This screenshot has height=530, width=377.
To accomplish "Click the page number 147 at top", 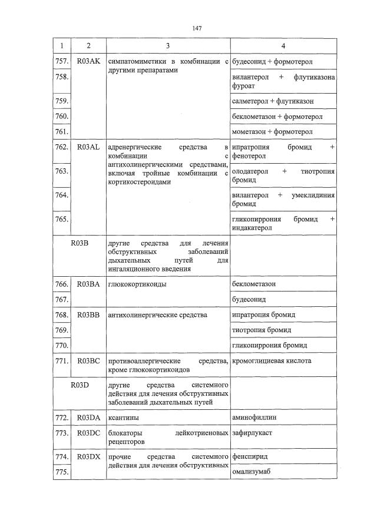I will (197, 29).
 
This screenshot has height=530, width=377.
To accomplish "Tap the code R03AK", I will (88, 61).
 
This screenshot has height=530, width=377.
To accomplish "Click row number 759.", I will (61, 101).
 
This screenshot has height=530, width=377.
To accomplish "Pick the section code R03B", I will (80, 243).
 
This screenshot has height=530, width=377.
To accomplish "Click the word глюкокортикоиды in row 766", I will (137, 284).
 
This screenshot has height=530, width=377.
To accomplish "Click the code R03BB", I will (88, 314).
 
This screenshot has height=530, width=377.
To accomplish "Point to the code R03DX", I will (88, 456).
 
